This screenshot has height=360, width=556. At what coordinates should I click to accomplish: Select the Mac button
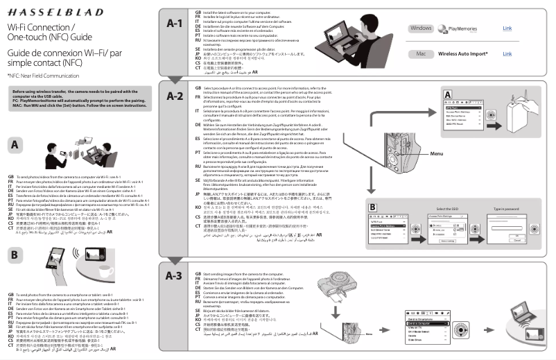[420, 53]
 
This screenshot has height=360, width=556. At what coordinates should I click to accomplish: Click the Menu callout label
[437, 153]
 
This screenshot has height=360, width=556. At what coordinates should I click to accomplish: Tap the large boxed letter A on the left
[15, 145]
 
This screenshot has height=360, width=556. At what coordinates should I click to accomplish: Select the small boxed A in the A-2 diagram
[448, 94]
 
